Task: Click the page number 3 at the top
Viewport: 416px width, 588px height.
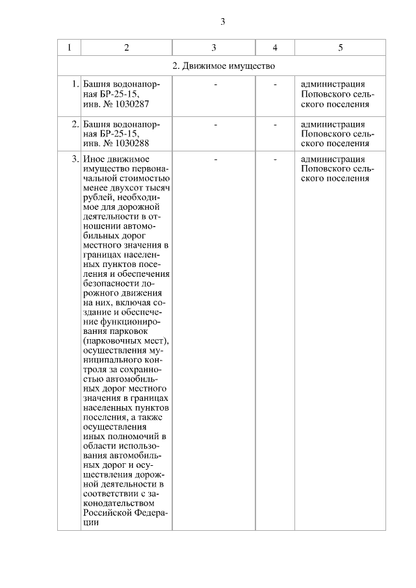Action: click(x=223, y=21)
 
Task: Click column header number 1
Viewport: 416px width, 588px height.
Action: click(x=69, y=47)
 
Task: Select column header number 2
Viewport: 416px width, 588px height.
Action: click(x=126, y=47)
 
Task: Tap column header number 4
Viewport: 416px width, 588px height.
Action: click(x=275, y=47)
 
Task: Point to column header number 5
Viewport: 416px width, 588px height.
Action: click(x=341, y=47)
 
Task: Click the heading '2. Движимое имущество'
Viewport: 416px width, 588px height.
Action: click(x=224, y=66)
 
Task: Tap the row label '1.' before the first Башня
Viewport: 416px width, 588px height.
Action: click(x=75, y=84)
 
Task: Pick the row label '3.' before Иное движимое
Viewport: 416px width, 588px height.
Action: click(x=75, y=159)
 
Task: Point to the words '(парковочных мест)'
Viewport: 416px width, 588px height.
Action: click(x=126, y=341)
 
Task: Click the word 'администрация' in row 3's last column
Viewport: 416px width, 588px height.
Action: click(x=333, y=159)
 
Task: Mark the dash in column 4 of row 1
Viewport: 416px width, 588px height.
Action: click(x=275, y=84)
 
